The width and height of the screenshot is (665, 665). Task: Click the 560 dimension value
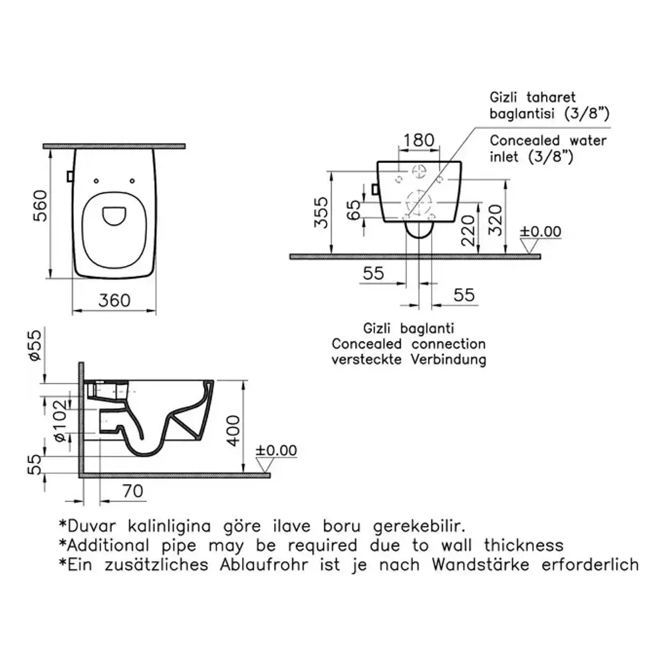(x=41, y=205)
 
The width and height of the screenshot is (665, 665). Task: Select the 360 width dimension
(x=114, y=301)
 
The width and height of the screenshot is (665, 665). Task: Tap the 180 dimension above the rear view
(x=418, y=140)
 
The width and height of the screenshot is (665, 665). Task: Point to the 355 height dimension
(x=321, y=213)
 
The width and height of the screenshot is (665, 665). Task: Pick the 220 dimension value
(x=468, y=231)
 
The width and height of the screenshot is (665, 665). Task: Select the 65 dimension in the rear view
(x=353, y=209)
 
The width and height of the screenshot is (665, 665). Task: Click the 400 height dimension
(x=233, y=430)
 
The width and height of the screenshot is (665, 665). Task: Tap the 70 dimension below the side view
(x=133, y=491)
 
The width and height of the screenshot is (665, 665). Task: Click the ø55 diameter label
(x=35, y=345)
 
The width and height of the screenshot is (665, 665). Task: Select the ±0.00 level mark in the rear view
(x=540, y=231)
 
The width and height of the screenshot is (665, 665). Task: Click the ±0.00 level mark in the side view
(x=276, y=450)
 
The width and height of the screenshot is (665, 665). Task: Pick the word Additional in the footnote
(x=108, y=545)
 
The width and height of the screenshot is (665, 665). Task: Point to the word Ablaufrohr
(x=264, y=565)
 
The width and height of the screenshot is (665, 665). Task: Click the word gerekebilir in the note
(x=419, y=526)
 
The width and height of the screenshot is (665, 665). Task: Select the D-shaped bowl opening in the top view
(x=114, y=216)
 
